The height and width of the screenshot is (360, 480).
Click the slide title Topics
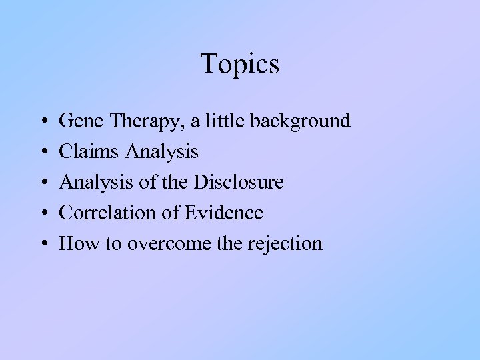point(240,65)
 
